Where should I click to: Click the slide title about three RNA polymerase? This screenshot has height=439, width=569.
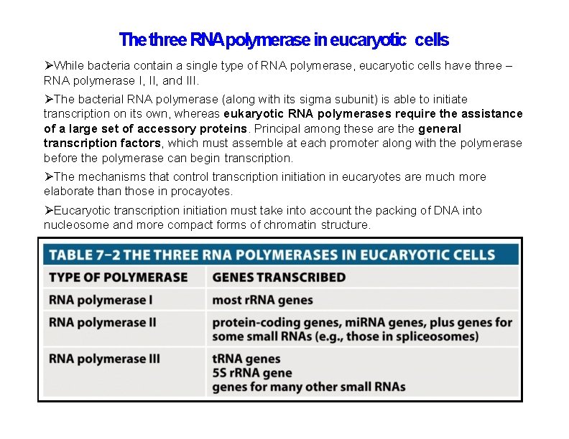(x=284, y=39)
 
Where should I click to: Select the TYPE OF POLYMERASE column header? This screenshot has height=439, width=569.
(x=118, y=278)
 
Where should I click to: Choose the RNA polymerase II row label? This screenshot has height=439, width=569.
(x=102, y=322)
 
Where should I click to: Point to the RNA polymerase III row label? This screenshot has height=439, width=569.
(x=104, y=359)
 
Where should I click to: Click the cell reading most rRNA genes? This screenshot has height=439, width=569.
(x=262, y=300)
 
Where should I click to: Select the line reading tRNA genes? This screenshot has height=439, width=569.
(x=246, y=359)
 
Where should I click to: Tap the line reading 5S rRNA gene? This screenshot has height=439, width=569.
(x=251, y=373)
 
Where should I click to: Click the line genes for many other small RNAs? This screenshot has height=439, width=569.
(x=308, y=387)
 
